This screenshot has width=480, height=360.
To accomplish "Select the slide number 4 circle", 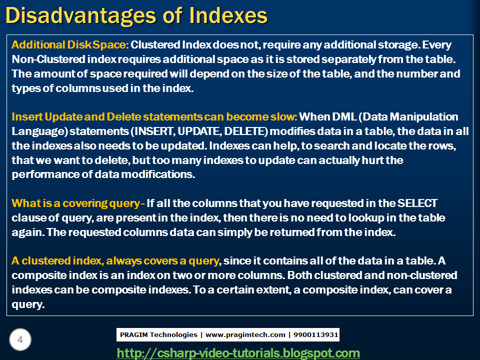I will click(x=20, y=340).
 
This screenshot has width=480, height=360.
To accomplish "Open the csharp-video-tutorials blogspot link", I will click(x=238, y=353).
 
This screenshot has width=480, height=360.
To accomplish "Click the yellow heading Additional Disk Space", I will click(x=70, y=45).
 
